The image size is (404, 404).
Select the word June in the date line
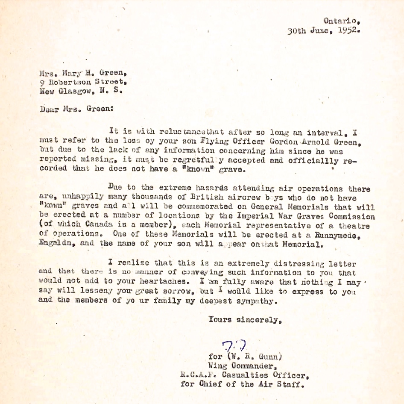point(320,31)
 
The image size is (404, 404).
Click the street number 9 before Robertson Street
point(41,81)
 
